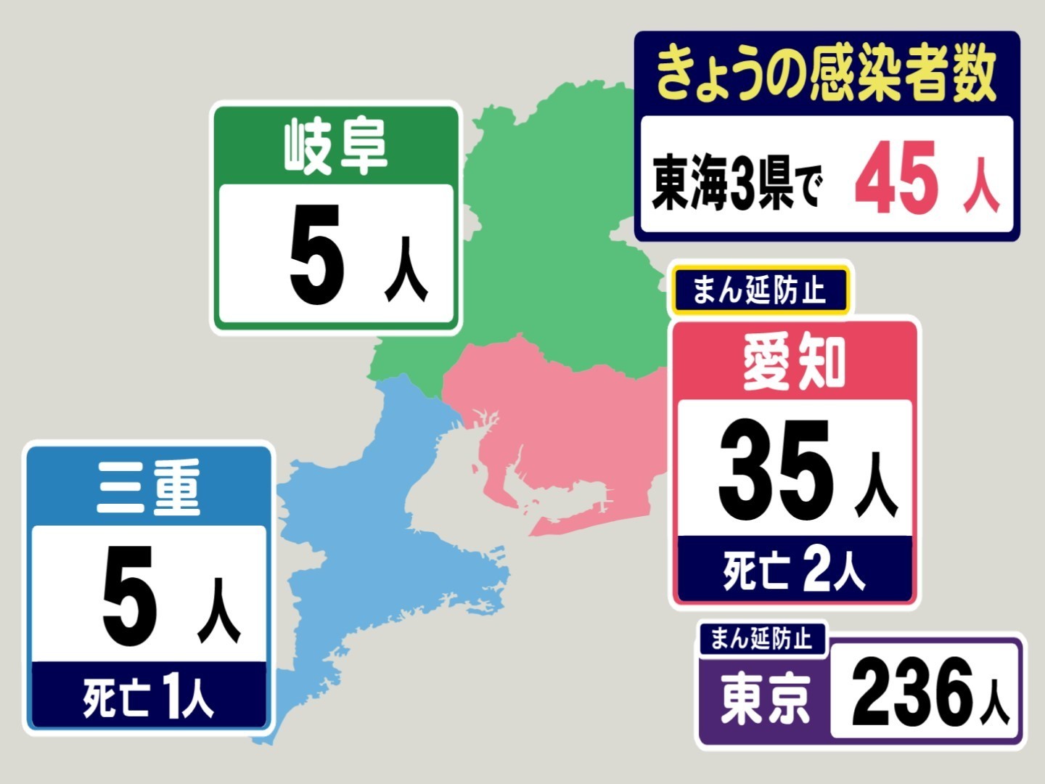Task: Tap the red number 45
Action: pyautogui.click(x=896, y=179)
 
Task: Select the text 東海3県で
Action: pyautogui.click(x=737, y=181)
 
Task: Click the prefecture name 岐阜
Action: pyautogui.click(x=335, y=147)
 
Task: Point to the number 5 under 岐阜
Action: pyautogui.click(x=316, y=255)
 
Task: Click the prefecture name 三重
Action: pyautogui.click(x=149, y=487)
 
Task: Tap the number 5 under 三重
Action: pyautogui.click(x=129, y=597)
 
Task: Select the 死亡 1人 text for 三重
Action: pyautogui.click(x=149, y=697)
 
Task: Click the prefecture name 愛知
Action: pyautogui.click(x=794, y=363)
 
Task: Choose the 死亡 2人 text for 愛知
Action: pyautogui.click(x=794, y=571)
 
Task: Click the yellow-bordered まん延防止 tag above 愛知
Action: pyautogui.click(x=760, y=290)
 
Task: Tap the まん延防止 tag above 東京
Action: pyautogui.click(x=761, y=639)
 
